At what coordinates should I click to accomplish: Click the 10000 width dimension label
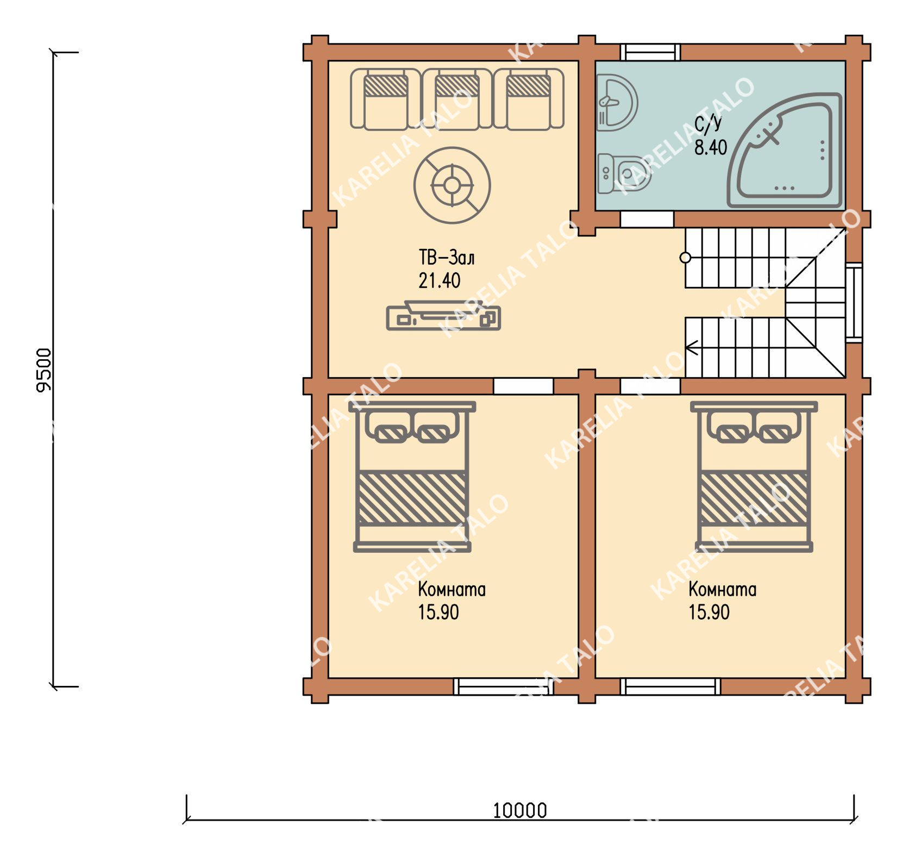pyautogui.click(x=519, y=810)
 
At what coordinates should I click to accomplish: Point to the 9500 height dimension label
pyautogui.click(x=44, y=370)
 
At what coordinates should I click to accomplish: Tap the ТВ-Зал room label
pyautogui.click(x=446, y=257)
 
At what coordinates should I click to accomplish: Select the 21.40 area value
pyautogui.click(x=439, y=280)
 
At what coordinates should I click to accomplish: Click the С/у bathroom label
pyautogui.click(x=709, y=124)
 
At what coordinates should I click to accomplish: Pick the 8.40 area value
pyautogui.click(x=711, y=147)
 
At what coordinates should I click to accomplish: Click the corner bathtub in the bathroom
pyautogui.click(x=784, y=150)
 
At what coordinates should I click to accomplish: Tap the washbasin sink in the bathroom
pyautogui.click(x=617, y=103)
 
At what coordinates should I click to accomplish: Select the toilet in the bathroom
pyautogui.click(x=623, y=173)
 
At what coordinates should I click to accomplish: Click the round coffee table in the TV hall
pyautogui.click(x=452, y=185)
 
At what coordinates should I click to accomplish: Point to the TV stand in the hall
pyautogui.click(x=443, y=316)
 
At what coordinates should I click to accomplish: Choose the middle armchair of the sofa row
pyautogui.click(x=457, y=99)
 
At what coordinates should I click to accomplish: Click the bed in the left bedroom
pyautogui.click(x=412, y=477)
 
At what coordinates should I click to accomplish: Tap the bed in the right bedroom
pyautogui.click(x=754, y=477)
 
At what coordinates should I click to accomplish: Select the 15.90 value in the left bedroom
pyautogui.click(x=438, y=612)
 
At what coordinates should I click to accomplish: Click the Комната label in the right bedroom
pyautogui.click(x=722, y=589)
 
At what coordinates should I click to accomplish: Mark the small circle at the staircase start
pyautogui.click(x=685, y=258)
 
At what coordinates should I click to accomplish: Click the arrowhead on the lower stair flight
pyautogui.click(x=691, y=347)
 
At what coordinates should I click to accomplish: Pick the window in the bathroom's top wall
pyautogui.click(x=650, y=52)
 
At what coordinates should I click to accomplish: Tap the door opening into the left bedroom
pyautogui.click(x=523, y=386)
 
